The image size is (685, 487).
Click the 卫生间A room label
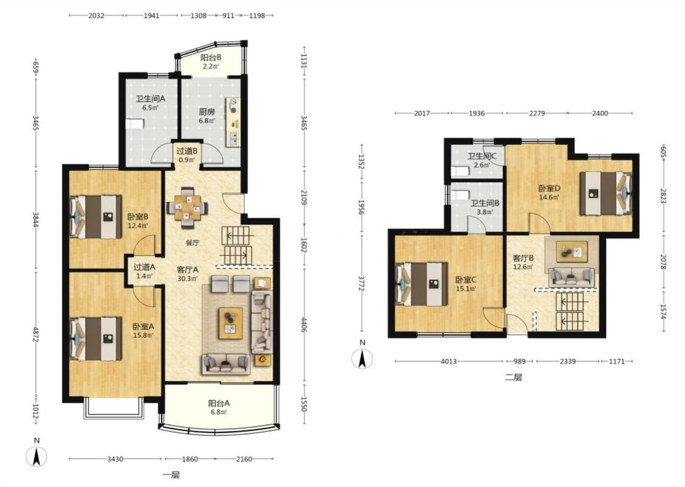(150, 99)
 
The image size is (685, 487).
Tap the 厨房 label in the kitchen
(206, 112)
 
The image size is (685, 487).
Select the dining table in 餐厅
(188, 208)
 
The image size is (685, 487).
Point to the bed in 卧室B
(96, 217)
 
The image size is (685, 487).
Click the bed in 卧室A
(96, 339)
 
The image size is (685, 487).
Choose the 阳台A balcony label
(219, 403)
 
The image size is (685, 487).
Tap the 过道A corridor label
(144, 267)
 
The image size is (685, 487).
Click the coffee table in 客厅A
(231, 323)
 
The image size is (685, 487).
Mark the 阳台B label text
(211, 57)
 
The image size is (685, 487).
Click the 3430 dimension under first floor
(115, 459)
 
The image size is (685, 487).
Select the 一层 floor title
(171, 475)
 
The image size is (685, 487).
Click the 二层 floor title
(513, 377)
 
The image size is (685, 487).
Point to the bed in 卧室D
(606, 194)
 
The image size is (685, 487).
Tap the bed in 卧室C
(421, 284)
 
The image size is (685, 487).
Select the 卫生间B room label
(485, 203)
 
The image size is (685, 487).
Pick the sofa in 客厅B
(572, 277)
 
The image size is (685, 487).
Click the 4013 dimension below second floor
(449, 361)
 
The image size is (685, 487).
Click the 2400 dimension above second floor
(600, 113)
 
